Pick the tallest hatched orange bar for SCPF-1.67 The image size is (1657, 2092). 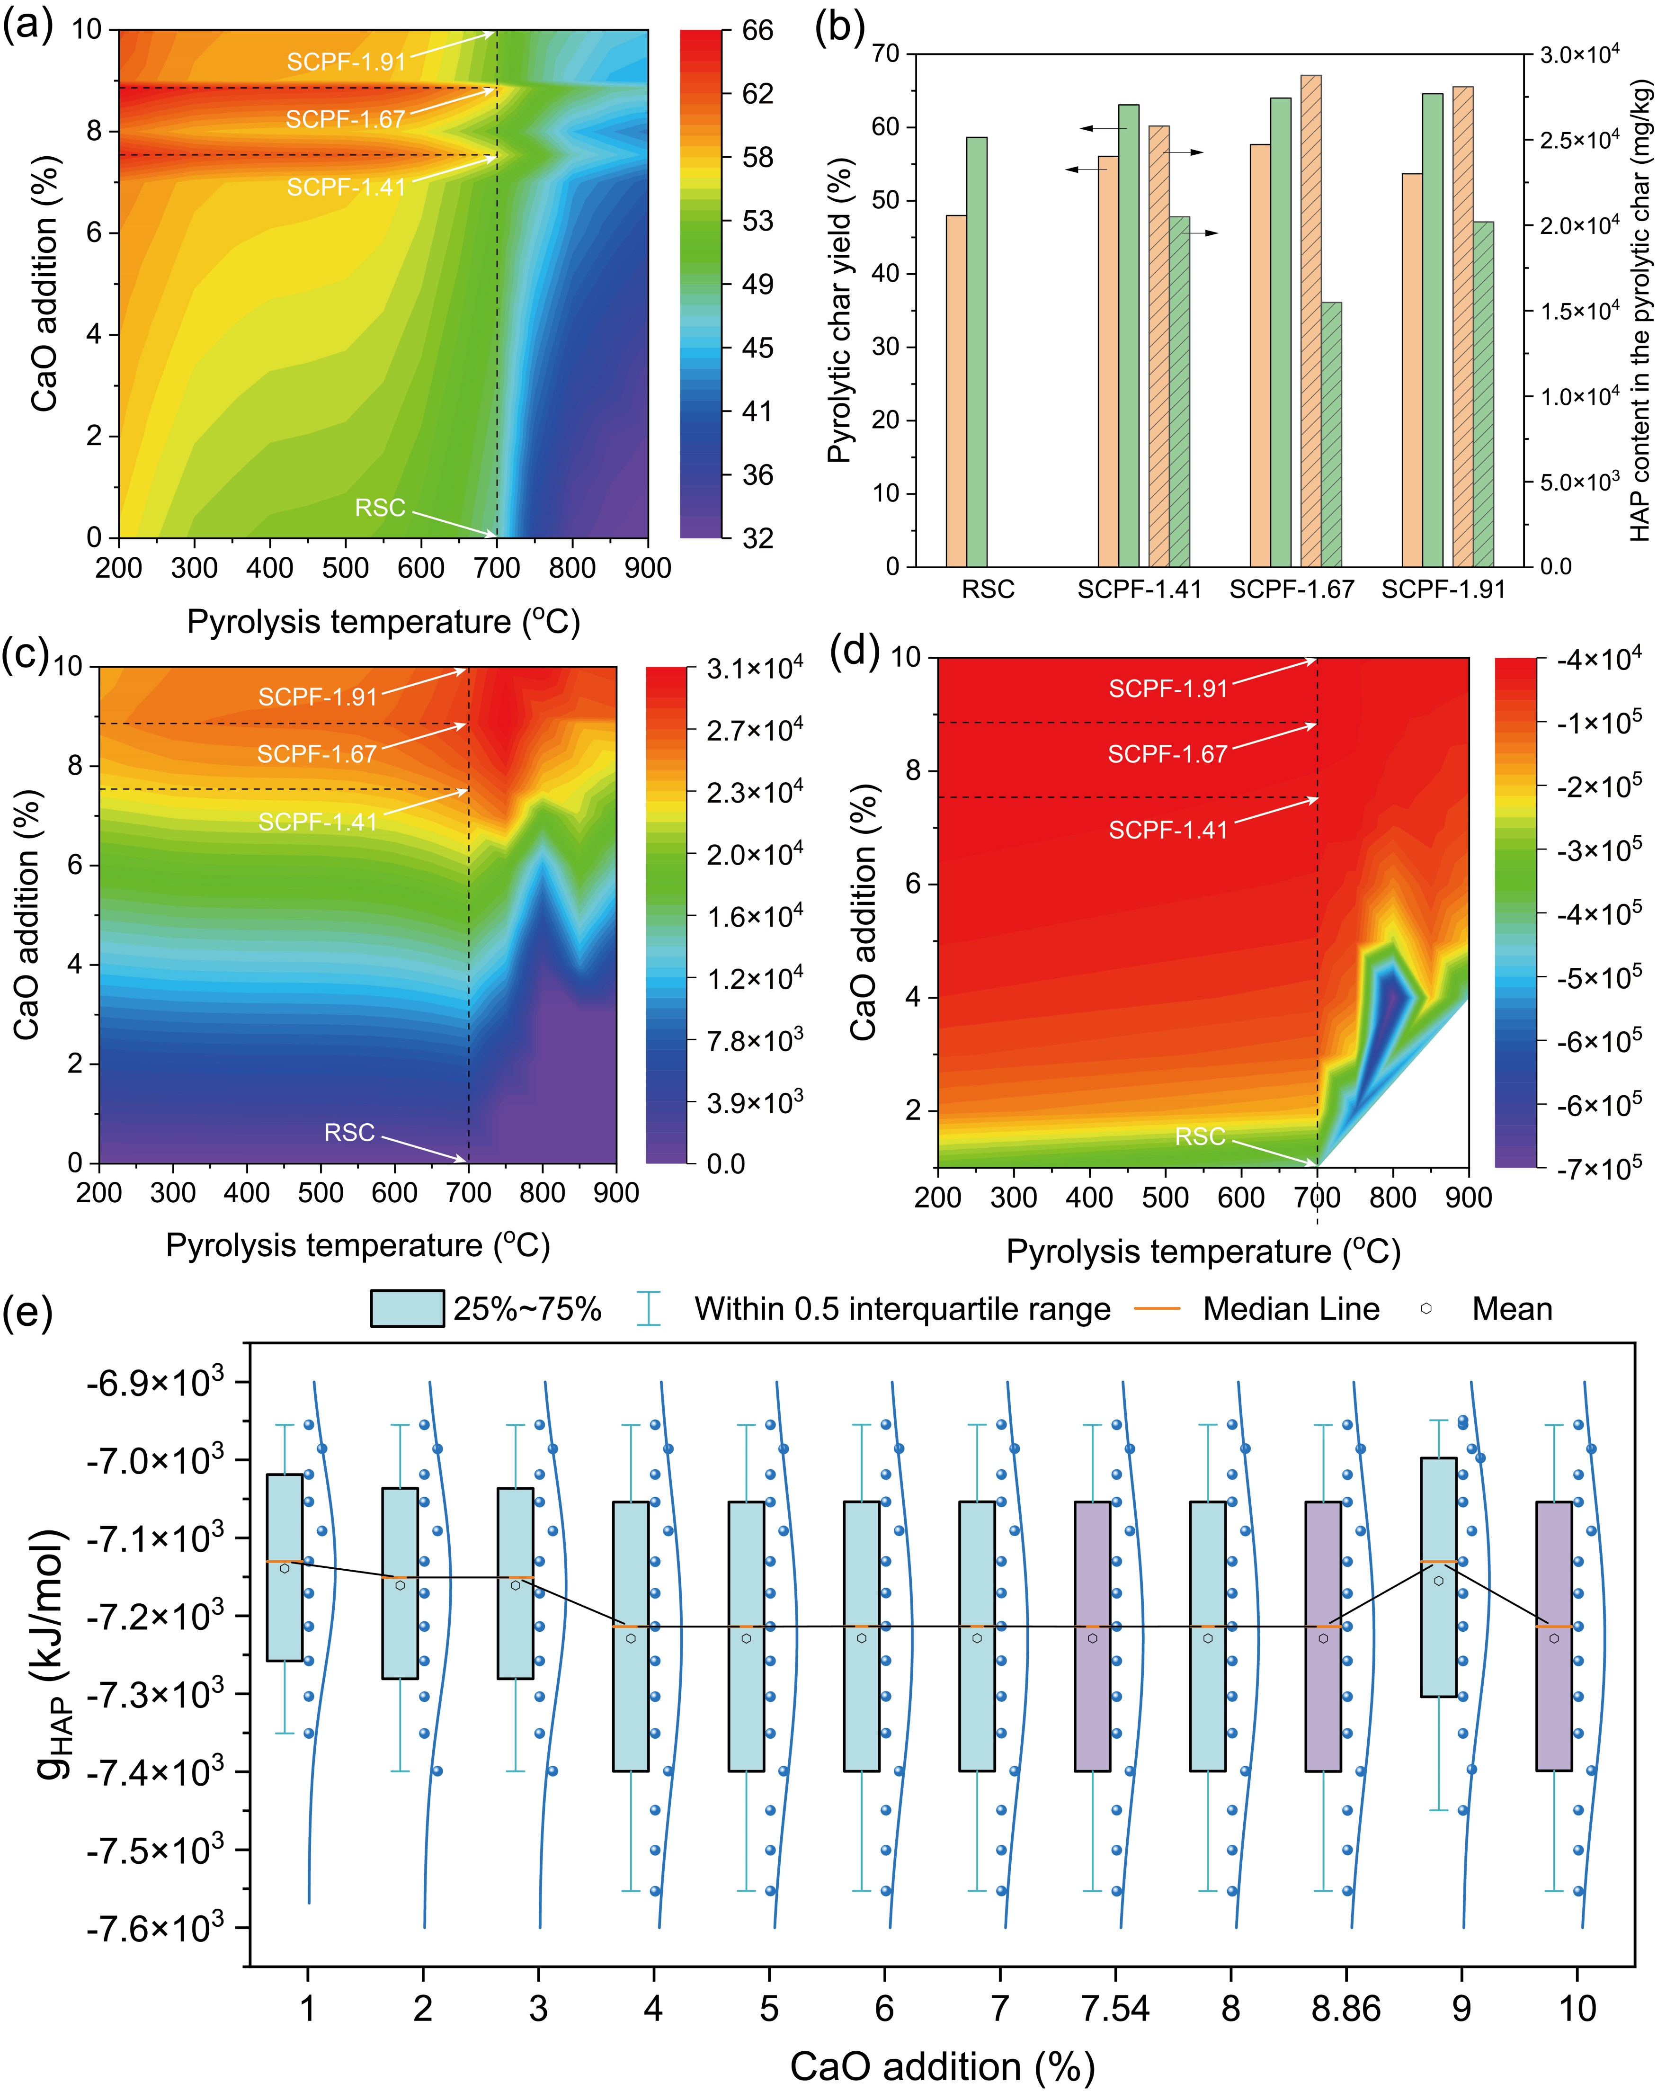click(x=1310, y=320)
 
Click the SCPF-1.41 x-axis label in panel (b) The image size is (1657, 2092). click(x=1139, y=589)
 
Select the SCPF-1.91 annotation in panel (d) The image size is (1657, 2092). click(x=1168, y=688)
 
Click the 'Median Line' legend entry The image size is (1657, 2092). click(x=1290, y=1309)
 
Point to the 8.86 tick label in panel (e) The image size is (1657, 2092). click(x=1345, y=2008)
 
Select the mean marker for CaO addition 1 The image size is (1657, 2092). click(x=284, y=1568)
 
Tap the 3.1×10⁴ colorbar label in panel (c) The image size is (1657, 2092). click(x=755, y=669)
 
